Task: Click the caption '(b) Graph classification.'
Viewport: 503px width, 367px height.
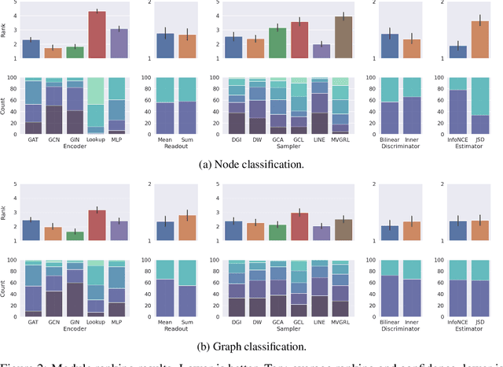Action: (x=251, y=345)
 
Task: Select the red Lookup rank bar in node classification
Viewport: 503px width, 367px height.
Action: (x=97, y=35)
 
